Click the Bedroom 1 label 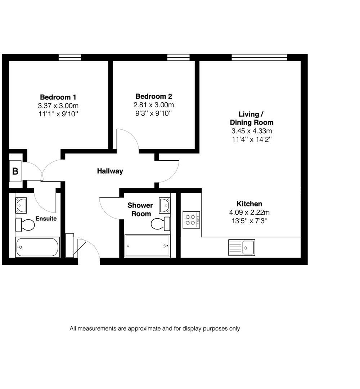[x=58, y=97]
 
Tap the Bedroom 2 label [x=153, y=97]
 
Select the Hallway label [x=110, y=171]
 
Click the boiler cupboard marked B [x=15, y=171]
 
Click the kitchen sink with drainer [x=242, y=247]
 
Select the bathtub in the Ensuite [x=37, y=247]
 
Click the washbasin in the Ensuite [x=21, y=205]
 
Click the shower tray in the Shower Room [x=147, y=246]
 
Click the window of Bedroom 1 [x=70, y=57]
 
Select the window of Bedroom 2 [x=179, y=57]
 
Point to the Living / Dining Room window [x=259, y=57]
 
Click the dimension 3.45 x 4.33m [x=251, y=131]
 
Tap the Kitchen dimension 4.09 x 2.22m [x=249, y=212]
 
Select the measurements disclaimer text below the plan [x=155, y=328]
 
